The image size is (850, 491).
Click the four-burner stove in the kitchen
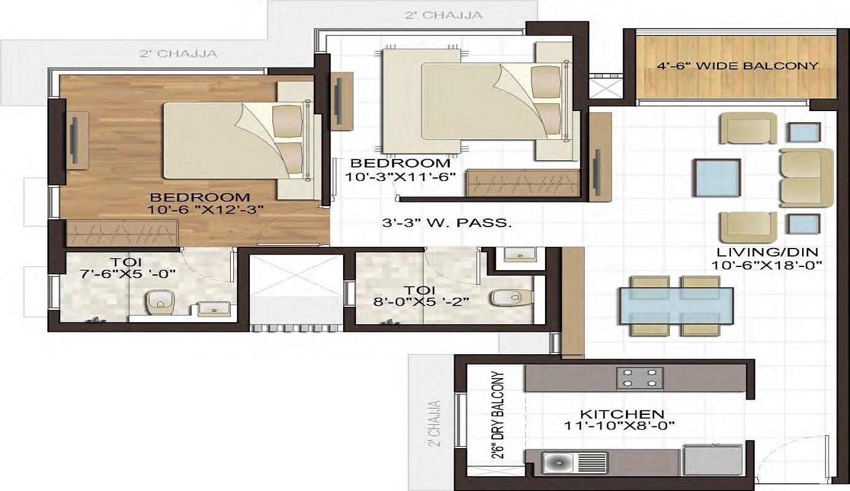tap(639, 378)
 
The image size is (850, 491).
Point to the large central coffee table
tap(716, 177)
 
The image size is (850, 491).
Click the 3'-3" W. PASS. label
tap(447, 223)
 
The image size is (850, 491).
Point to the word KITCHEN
tap(622, 414)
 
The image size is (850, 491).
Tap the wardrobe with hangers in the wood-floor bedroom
tap(121, 233)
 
